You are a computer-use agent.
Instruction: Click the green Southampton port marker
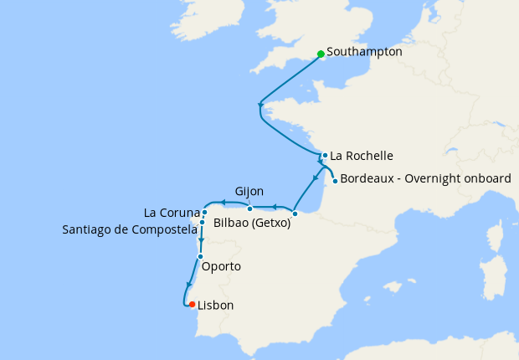(x=321, y=54)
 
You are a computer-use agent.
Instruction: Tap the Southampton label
(x=364, y=52)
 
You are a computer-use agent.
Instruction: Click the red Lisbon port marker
(x=193, y=304)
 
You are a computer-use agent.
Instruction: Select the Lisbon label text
(x=215, y=306)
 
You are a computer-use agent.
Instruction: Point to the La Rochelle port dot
(x=325, y=155)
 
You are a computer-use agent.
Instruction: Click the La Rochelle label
(x=362, y=156)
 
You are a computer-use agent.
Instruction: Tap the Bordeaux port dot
(x=335, y=181)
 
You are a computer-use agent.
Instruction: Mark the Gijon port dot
(x=249, y=208)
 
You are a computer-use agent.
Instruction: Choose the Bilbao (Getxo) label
(x=252, y=224)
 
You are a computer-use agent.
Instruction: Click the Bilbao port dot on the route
(x=295, y=213)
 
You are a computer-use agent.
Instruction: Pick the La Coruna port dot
(x=204, y=213)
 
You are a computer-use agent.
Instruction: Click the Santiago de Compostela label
(x=129, y=229)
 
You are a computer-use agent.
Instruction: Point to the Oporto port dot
(x=200, y=256)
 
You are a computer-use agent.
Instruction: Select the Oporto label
(x=222, y=267)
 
